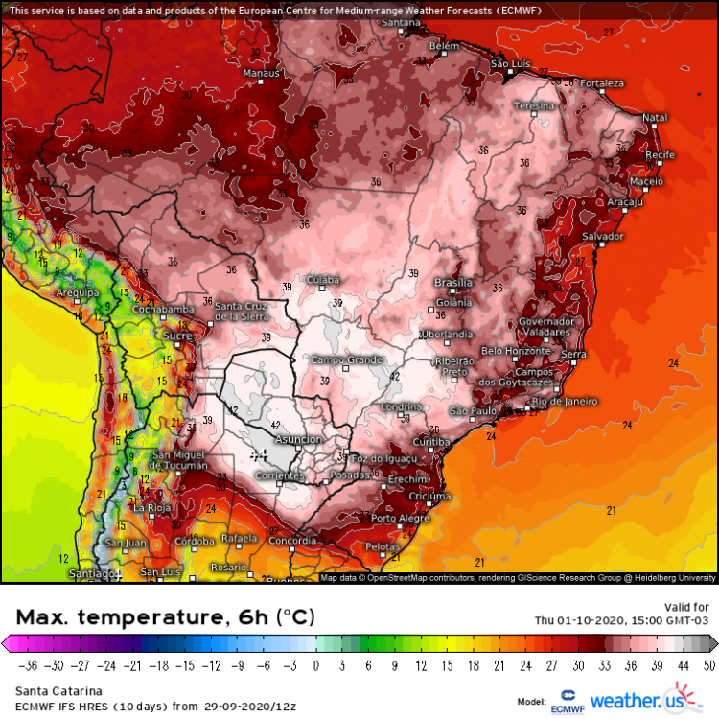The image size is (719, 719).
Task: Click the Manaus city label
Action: coord(262,73)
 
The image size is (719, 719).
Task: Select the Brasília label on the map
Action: coord(453,283)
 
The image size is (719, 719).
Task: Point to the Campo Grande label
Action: coord(341,359)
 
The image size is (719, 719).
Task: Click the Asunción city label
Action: coord(298,439)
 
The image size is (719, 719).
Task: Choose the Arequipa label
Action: coord(79,292)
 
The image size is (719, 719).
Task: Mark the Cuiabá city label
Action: coord(322,279)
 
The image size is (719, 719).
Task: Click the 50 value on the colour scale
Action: coord(708,664)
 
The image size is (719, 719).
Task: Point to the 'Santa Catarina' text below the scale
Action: coord(52,689)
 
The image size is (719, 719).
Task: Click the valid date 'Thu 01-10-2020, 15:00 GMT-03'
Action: coord(621,619)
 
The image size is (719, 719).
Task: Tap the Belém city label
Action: coord(444,46)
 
